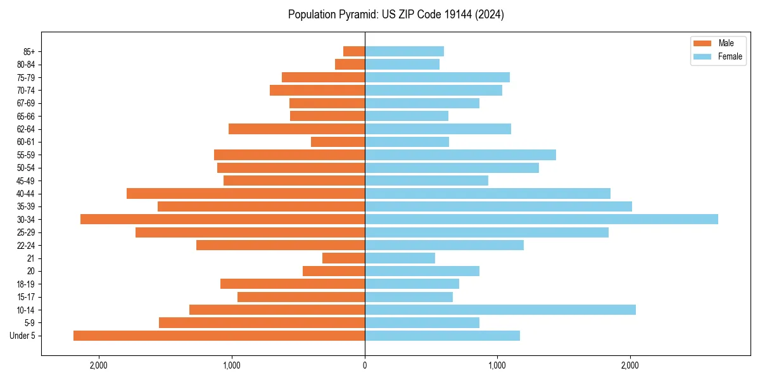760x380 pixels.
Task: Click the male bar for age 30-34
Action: coord(222,219)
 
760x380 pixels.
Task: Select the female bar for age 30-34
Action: coord(541,219)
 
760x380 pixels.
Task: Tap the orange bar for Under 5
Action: coord(219,336)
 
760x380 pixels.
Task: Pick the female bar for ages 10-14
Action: coord(500,310)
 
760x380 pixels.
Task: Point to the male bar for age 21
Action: coord(343,258)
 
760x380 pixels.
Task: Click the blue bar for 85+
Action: coord(404,51)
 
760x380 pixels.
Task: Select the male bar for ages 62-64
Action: coord(296,129)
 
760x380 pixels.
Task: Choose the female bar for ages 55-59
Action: coord(460,155)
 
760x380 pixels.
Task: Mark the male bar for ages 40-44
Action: coord(246,193)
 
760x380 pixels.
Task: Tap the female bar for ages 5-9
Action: coord(422,322)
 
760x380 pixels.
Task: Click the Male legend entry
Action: coord(718,43)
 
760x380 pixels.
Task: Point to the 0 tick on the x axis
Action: coord(365,365)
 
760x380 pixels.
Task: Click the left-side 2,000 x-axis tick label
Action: coord(99,365)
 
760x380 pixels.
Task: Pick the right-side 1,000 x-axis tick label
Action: coord(497,365)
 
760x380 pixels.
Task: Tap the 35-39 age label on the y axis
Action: coord(26,206)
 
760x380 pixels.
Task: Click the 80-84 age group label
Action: coord(26,65)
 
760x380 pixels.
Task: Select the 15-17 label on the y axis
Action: coord(26,297)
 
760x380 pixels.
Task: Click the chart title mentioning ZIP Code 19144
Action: coord(396,15)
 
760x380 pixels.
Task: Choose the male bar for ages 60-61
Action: coord(338,142)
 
